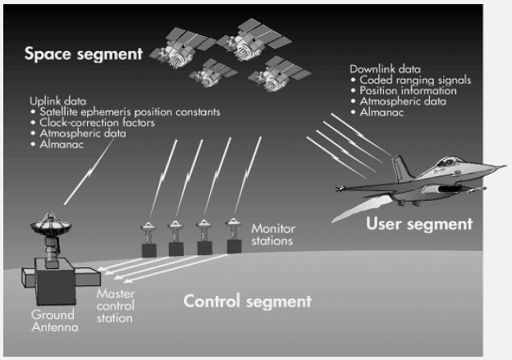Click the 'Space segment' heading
point(82,56)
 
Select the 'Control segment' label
point(247,301)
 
